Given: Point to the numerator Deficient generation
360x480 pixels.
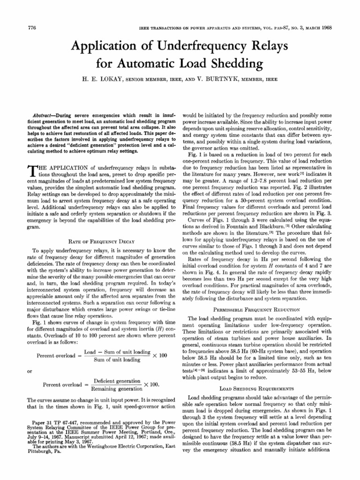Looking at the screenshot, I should pos(117,382).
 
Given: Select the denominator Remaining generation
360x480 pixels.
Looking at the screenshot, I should pos(117,389).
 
